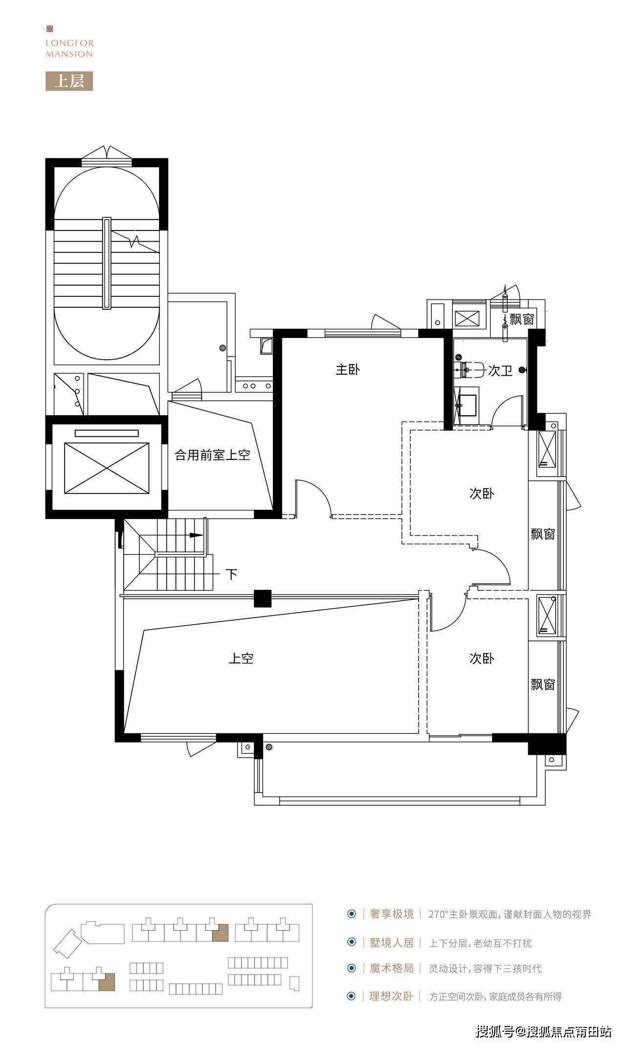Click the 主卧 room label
[348, 369]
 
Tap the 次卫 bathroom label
[500, 371]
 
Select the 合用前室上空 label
[213, 455]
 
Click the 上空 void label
[241, 658]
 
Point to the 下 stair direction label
[231, 574]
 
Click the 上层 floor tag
[69, 81]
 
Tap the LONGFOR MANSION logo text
[69, 48]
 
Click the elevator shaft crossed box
[107, 468]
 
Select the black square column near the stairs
[263, 599]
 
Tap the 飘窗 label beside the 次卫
[522, 319]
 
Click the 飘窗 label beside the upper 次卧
[543, 534]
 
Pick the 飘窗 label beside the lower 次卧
[543, 684]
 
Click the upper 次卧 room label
[482, 493]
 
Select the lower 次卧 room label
[482, 658]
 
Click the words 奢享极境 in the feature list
[392, 914]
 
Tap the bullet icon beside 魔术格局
[351, 968]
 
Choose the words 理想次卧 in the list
[392, 996]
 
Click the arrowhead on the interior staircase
[196, 535]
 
